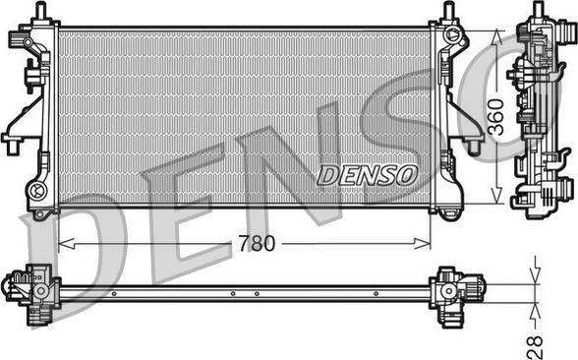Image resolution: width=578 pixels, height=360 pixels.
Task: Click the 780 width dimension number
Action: tap(257, 244)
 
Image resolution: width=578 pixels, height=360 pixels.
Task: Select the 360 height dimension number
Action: tap(496, 117)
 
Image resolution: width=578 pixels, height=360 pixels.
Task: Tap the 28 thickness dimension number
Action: tap(535, 345)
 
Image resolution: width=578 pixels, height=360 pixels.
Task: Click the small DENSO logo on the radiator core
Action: tap(368, 175)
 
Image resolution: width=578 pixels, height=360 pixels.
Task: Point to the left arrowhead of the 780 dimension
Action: tap(67, 244)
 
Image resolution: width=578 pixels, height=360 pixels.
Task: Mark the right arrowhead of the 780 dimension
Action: tap(423, 244)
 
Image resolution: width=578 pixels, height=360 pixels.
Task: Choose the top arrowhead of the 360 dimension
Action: tap(496, 38)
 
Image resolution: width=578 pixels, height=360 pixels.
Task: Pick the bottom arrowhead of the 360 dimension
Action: tap(496, 195)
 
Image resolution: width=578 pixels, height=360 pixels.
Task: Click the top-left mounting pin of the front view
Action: tap(41, 9)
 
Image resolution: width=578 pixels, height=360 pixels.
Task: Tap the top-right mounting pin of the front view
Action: tap(448, 9)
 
